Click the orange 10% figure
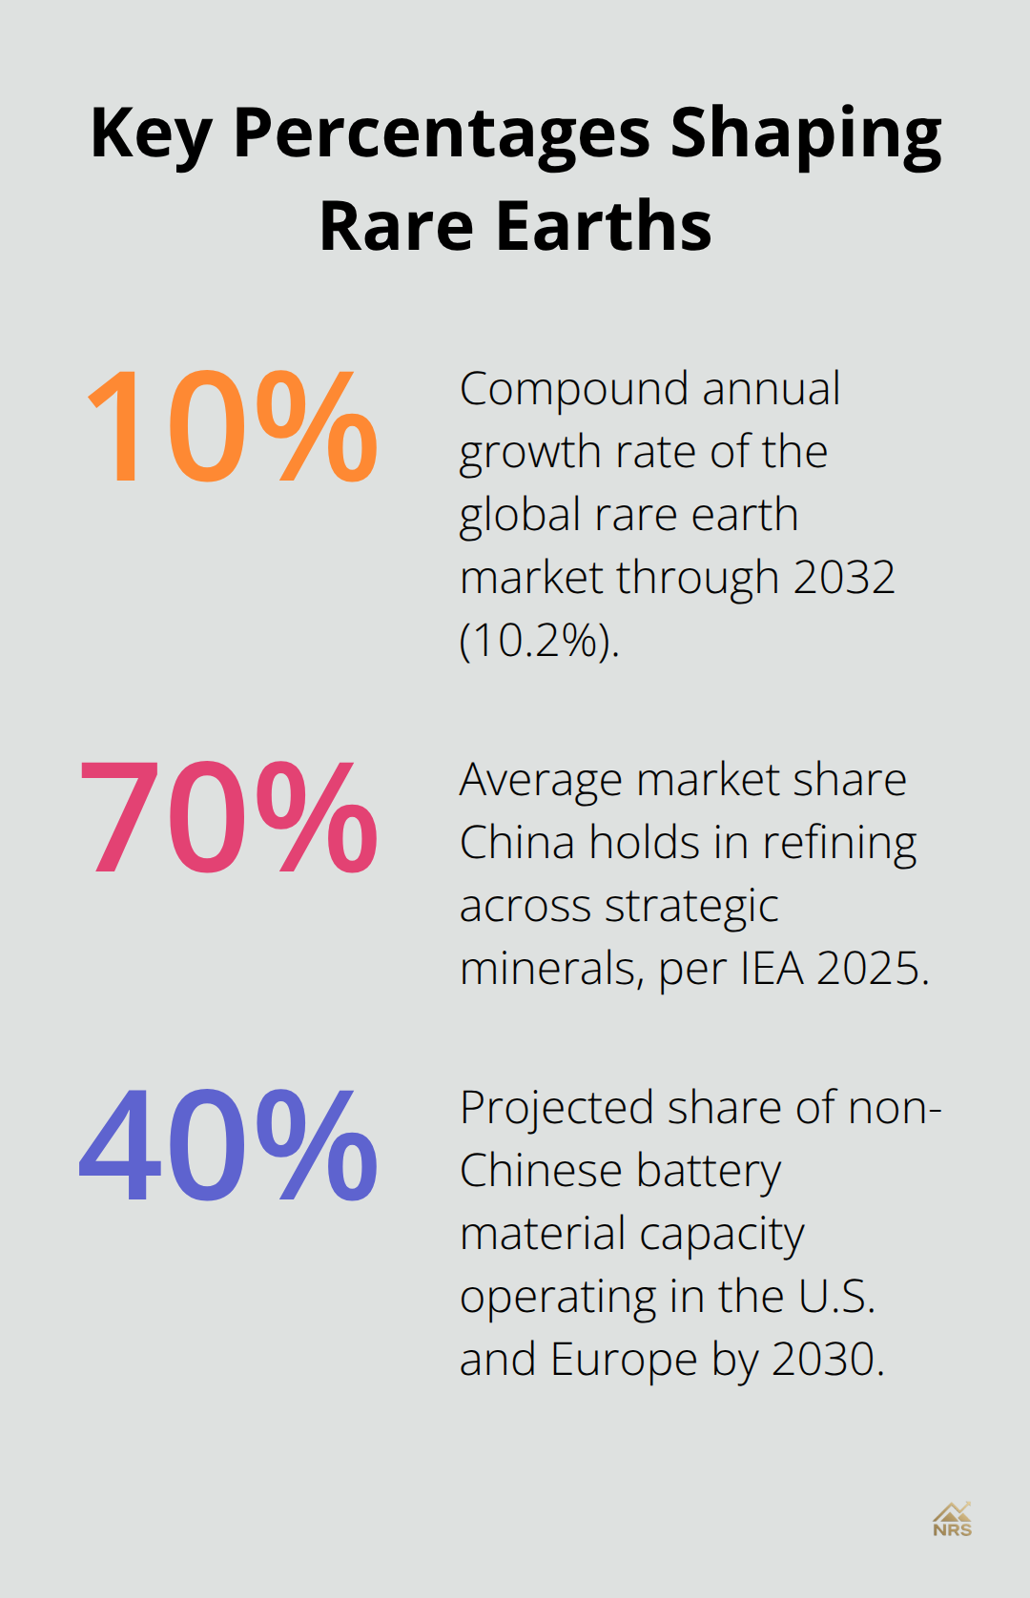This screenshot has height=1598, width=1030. tap(232, 426)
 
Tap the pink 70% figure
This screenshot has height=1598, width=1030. tap(229, 818)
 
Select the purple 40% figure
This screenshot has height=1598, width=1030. tap(229, 1146)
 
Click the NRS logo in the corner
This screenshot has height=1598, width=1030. tap(952, 1520)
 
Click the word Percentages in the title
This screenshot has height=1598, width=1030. tap(442, 133)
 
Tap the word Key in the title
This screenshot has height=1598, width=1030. tap(150, 133)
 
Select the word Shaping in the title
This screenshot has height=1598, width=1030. tap(806, 133)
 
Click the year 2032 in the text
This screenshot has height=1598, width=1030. tap(843, 578)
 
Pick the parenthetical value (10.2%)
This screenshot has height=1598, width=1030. tap(539, 641)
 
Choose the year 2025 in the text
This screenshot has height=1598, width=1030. tap(872, 969)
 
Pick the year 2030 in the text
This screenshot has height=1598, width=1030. tap(827, 1360)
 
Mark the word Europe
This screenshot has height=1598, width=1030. tap(624, 1360)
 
